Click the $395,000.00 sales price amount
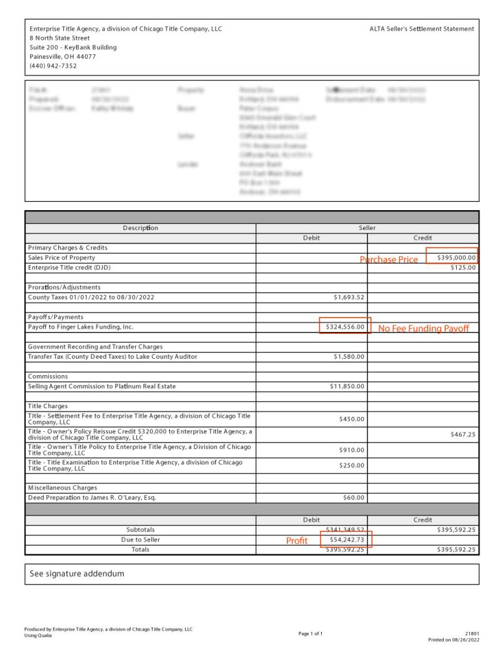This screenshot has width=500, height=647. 456,257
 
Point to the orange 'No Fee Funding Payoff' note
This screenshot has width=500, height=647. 423,328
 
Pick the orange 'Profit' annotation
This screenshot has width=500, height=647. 296,541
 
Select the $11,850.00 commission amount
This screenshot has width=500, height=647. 346,386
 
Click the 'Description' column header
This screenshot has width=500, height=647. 141,228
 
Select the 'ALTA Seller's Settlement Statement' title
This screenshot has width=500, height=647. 421,29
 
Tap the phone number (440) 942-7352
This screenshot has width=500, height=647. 53,66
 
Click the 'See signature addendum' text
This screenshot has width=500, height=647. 77,573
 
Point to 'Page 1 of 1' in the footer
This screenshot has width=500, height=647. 311,634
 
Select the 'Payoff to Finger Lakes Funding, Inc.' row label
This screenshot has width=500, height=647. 81,327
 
